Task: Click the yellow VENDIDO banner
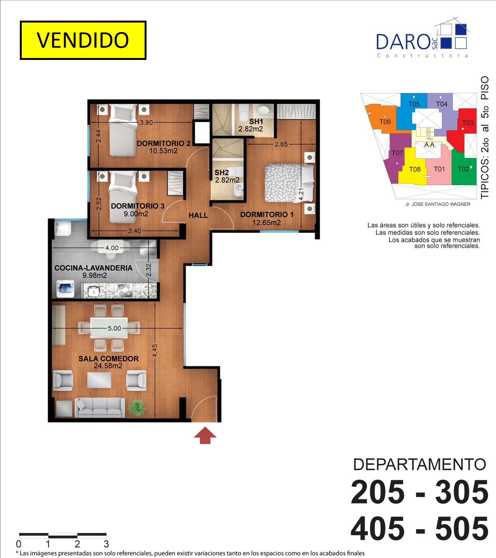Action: pos(83,40)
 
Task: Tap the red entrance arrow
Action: pos(205,435)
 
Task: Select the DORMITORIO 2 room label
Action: pos(164,143)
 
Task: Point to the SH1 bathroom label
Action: pos(256,121)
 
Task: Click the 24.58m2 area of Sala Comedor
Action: pos(108,366)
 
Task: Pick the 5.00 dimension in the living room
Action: pos(114,328)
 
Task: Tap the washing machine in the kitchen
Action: pos(65,289)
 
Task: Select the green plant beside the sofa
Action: pos(137,408)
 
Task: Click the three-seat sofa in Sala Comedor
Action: pos(100,408)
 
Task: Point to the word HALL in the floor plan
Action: pos(198,215)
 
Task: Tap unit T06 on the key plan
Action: pos(385,122)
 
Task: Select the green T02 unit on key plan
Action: pos(464,169)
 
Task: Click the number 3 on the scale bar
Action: pos(106,544)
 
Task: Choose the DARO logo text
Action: pos(403,42)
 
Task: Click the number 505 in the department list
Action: pos(462,529)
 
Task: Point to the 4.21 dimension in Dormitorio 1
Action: pos(301,194)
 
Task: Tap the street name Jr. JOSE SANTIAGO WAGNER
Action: pos(438,204)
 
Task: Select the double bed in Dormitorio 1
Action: pos(289,183)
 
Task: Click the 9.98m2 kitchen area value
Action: pos(95,276)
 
